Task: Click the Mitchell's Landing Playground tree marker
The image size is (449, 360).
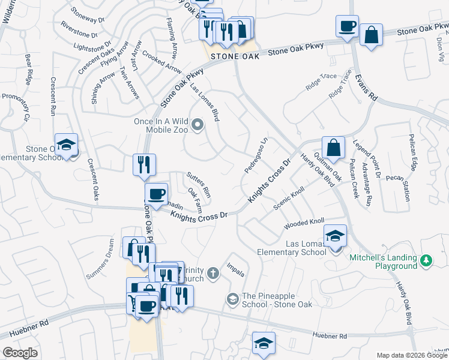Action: coord(426,260)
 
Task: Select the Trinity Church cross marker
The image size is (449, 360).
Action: coord(212,274)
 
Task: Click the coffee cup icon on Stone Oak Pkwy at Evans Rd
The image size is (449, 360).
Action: coord(347,26)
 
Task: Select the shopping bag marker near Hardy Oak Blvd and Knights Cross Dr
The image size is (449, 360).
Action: coord(333,146)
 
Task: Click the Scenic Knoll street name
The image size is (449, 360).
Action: coord(289,199)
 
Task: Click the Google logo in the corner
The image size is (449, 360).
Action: coord(20,352)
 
